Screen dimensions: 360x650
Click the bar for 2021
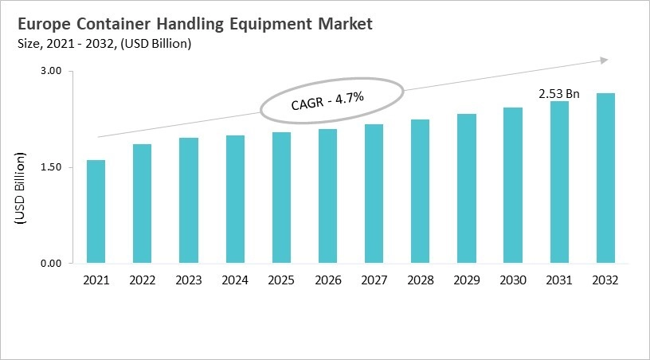coord(96,212)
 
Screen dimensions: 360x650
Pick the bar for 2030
coord(512,186)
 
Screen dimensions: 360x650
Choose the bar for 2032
coord(605,178)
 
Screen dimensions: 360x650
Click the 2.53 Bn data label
coord(558,93)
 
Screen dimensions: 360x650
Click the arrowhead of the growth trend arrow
coord(605,60)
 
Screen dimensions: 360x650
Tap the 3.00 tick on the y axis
coord(50,72)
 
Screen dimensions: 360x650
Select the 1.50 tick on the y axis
coord(50,167)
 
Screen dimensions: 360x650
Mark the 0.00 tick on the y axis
coord(50,264)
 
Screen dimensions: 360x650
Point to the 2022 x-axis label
coord(142,280)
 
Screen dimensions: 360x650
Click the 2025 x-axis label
coord(281,280)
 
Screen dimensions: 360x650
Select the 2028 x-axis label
coord(420,280)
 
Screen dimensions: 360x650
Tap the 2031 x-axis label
coord(558,280)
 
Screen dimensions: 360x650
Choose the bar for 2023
coord(189,201)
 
